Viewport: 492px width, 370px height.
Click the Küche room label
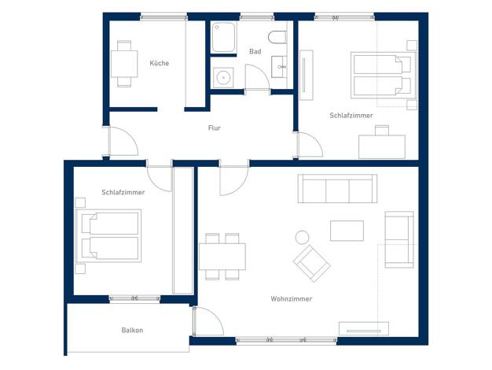(x=159, y=63)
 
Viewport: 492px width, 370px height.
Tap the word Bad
(x=255, y=51)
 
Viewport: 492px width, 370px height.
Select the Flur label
(x=215, y=128)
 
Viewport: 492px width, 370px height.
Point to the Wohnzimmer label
(x=291, y=298)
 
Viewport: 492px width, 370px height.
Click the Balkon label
(x=132, y=330)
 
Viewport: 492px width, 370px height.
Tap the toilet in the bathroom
(x=277, y=37)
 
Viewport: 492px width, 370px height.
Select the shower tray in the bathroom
(x=223, y=37)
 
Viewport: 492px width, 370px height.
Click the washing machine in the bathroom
(x=223, y=77)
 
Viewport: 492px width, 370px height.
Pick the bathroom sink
(x=279, y=67)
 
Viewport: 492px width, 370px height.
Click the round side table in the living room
(x=302, y=237)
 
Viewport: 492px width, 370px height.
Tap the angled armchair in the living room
(x=311, y=263)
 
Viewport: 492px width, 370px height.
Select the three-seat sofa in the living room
(x=337, y=189)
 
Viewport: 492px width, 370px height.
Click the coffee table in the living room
(x=347, y=231)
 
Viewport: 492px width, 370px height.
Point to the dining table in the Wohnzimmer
(x=222, y=256)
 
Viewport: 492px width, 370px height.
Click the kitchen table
(x=124, y=64)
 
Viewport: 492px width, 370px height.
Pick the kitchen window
(x=163, y=17)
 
